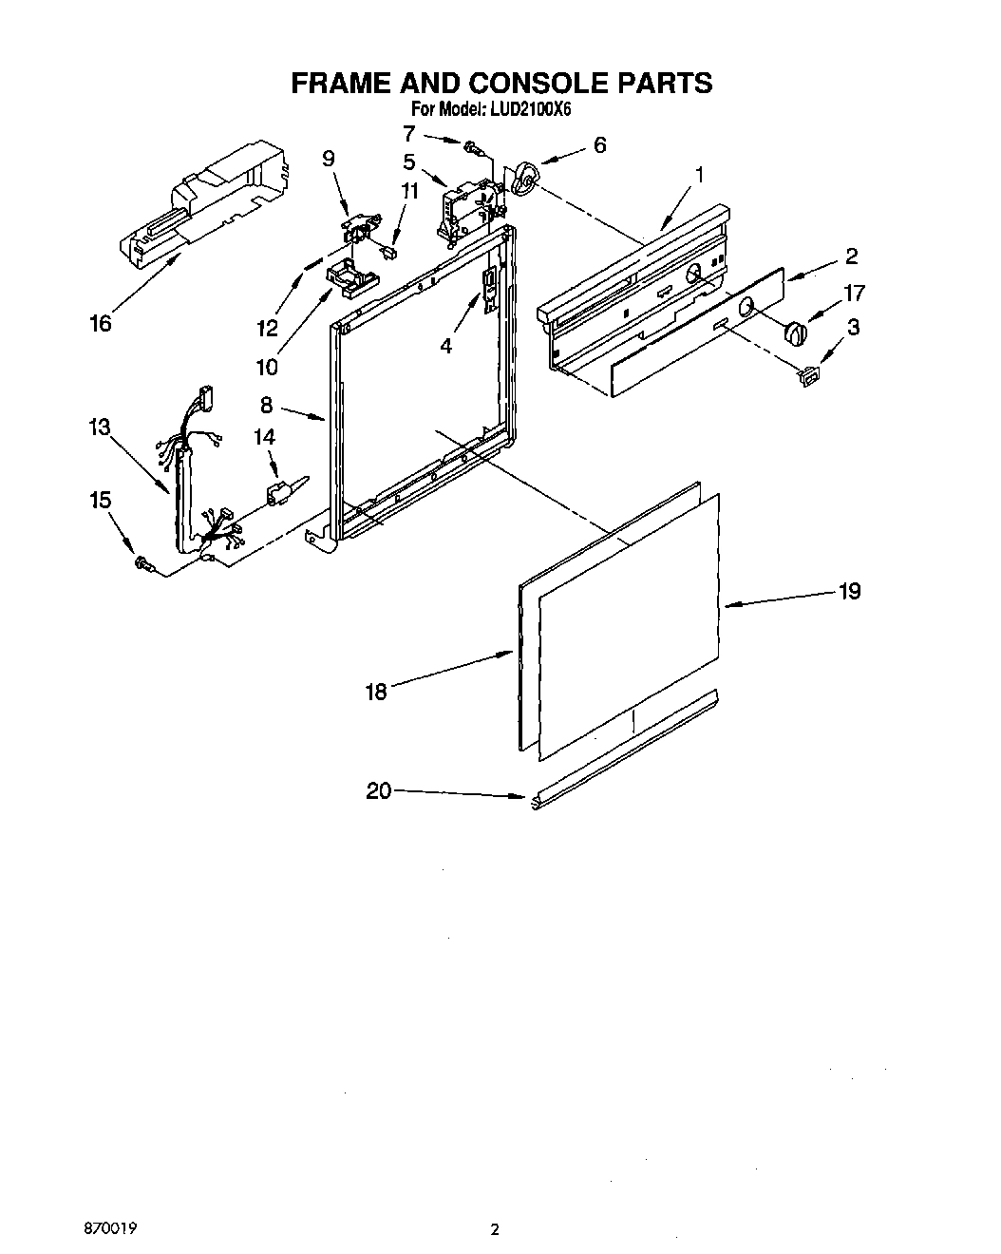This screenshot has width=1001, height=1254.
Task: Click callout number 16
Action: (x=100, y=323)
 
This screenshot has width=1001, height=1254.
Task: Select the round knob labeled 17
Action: (x=795, y=334)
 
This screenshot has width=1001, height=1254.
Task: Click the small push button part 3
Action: (x=809, y=376)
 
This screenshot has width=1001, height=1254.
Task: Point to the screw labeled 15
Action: (x=145, y=564)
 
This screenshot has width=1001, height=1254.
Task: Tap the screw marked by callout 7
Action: (x=473, y=147)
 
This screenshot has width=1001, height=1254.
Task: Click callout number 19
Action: (x=849, y=591)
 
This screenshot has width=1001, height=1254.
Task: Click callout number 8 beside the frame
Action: (x=266, y=405)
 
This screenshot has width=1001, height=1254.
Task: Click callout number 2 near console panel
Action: (x=851, y=256)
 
